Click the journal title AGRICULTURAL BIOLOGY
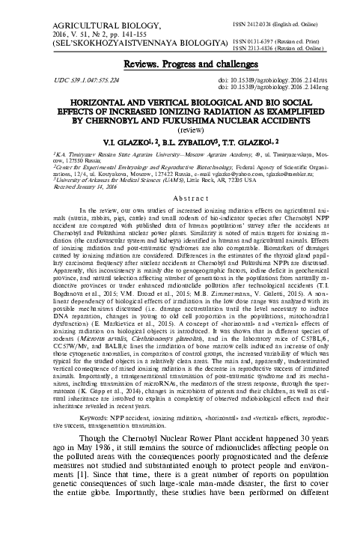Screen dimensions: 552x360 [59, 13]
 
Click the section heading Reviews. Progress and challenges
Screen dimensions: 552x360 [180, 66]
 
